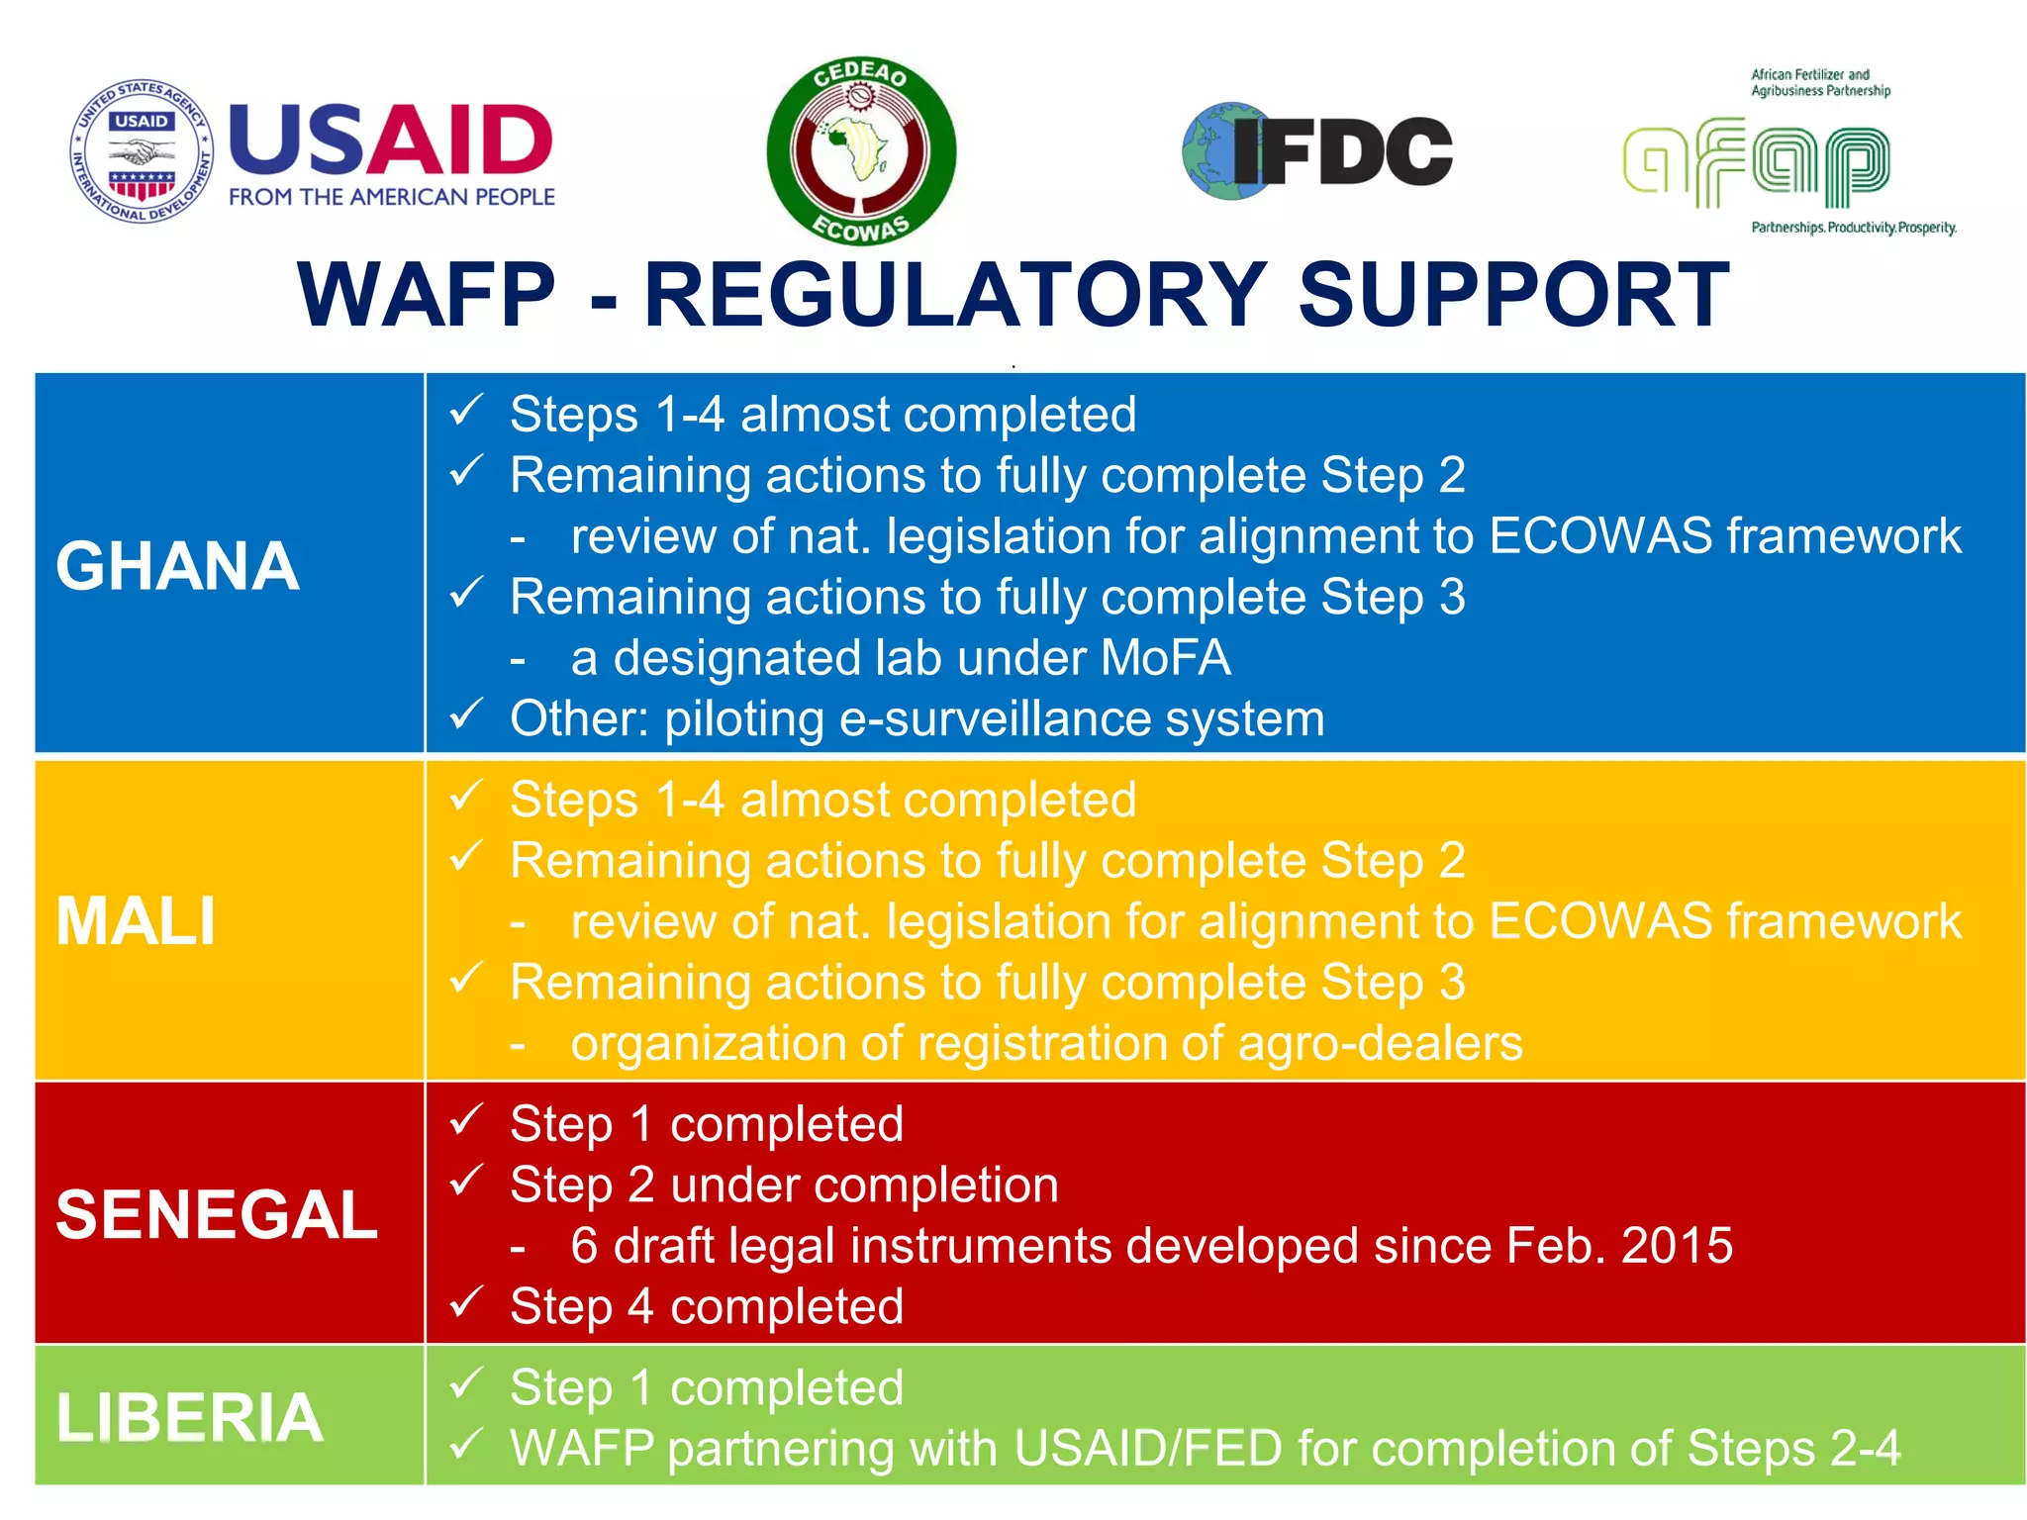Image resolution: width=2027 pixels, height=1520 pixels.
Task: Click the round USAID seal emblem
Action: pyautogui.click(x=143, y=150)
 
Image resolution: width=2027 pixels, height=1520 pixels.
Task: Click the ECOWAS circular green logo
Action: pyautogui.click(x=861, y=150)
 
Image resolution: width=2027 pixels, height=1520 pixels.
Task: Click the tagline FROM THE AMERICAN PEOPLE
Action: pyautogui.click(x=392, y=197)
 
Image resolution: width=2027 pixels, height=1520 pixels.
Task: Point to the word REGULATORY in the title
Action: pyautogui.click(x=955, y=295)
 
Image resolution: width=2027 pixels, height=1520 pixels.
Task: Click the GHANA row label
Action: pyautogui.click(x=178, y=566)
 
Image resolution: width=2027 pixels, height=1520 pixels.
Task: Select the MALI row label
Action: pyautogui.click(x=136, y=921)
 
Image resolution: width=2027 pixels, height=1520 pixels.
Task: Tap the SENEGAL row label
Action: pyautogui.click(x=217, y=1214)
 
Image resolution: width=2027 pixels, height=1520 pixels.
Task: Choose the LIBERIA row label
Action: pyautogui.click(x=190, y=1417)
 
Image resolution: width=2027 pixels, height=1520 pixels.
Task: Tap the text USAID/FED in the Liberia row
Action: pyautogui.click(x=1148, y=1449)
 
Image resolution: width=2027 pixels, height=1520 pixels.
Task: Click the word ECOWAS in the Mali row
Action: pyautogui.click(x=1599, y=921)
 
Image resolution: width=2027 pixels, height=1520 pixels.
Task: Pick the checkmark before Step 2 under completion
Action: pyautogui.click(x=466, y=1181)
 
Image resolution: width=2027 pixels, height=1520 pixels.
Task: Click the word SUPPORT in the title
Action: pyautogui.click(x=1513, y=295)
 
